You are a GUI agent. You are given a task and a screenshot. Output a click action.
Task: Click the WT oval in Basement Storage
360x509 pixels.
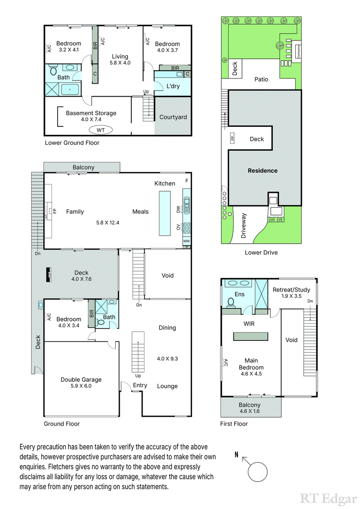pyautogui.click(x=101, y=130)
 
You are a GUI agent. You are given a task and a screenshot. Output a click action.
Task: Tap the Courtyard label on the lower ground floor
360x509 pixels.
pyautogui.click(x=173, y=117)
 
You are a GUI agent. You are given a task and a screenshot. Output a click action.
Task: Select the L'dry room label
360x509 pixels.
pyautogui.click(x=173, y=86)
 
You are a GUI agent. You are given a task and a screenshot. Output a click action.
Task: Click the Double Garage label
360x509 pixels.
pyautogui.click(x=81, y=380)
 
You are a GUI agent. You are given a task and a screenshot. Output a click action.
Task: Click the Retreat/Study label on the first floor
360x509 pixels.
pyautogui.click(x=292, y=290)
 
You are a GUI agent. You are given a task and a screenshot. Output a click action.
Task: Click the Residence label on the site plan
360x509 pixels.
pyautogui.click(x=263, y=171)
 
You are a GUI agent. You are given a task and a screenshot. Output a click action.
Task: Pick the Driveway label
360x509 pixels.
pyautogui.click(x=245, y=226)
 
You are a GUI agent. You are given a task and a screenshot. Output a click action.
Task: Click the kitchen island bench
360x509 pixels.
pyautogui.click(x=165, y=213)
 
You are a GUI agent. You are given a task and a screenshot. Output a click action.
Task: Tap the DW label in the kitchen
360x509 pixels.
pyautogui.click(x=179, y=210)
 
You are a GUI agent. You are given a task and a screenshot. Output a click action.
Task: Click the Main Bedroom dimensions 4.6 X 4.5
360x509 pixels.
pyautogui.click(x=251, y=373)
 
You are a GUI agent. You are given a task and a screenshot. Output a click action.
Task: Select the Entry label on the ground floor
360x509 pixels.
pyautogui.click(x=140, y=385)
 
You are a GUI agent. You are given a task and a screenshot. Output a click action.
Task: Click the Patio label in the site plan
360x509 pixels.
pyautogui.click(x=261, y=79)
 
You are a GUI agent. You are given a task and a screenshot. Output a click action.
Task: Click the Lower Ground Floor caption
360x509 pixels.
pyautogui.click(x=72, y=143)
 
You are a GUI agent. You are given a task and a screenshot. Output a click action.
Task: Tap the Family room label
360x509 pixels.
pyautogui.click(x=75, y=212)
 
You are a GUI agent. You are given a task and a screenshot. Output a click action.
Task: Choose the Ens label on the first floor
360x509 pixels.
pyautogui.click(x=239, y=295)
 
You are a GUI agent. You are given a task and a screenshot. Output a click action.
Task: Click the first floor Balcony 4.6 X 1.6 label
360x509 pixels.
pyautogui.click(x=250, y=408)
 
